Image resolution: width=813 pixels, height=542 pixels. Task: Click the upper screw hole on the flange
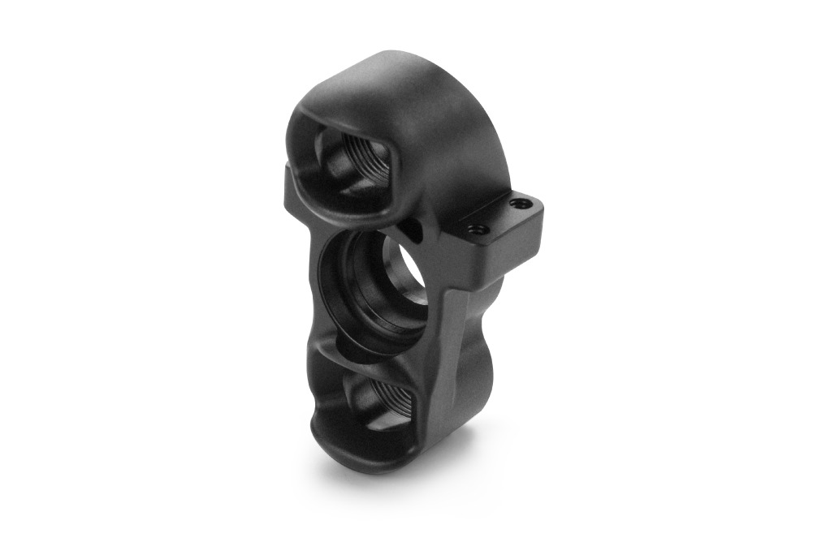pos(517,204)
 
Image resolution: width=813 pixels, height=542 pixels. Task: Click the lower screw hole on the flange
pos(478,230)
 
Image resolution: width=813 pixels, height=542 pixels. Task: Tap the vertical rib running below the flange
pos(452,325)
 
